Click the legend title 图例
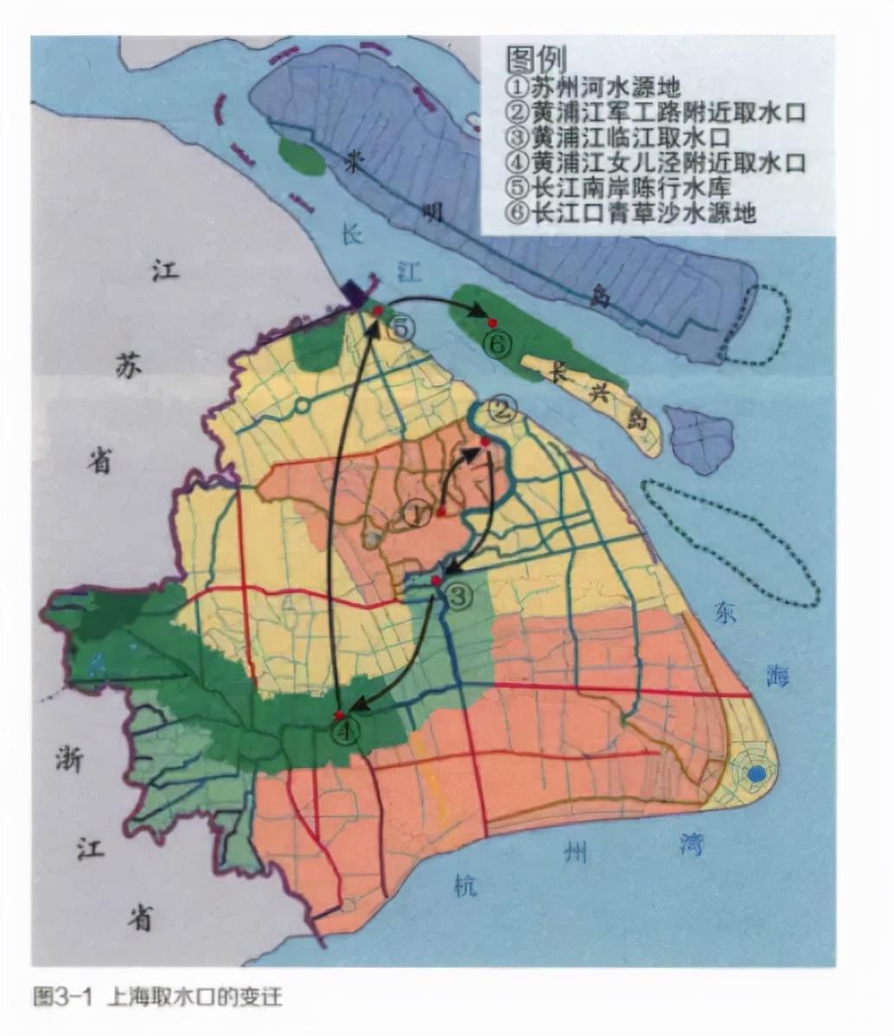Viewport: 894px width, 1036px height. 536,60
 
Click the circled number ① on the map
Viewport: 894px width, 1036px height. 416,514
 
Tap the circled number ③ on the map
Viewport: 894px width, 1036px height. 459,595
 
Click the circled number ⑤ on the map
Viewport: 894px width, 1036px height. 402,328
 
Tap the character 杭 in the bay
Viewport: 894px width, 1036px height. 464,884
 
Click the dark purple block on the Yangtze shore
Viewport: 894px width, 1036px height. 353,292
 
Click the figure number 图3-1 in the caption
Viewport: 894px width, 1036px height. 62,996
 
